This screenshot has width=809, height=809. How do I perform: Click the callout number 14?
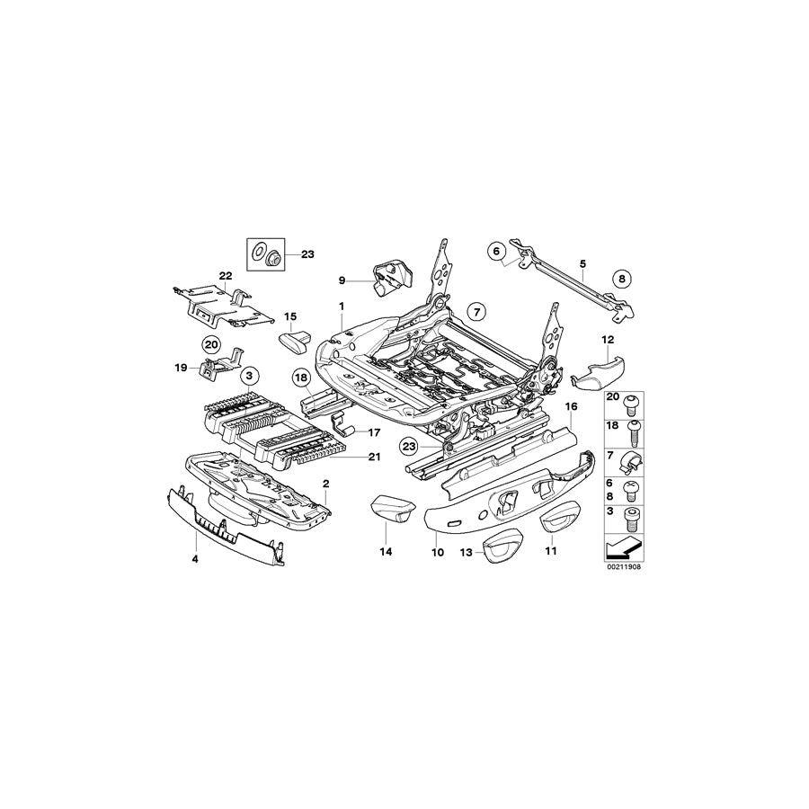click(386, 552)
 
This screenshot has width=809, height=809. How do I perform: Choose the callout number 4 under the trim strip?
click(196, 559)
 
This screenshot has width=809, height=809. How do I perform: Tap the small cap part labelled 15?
click(293, 340)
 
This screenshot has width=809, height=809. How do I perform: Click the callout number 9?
click(342, 280)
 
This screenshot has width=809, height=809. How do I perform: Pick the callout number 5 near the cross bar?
click(582, 263)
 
